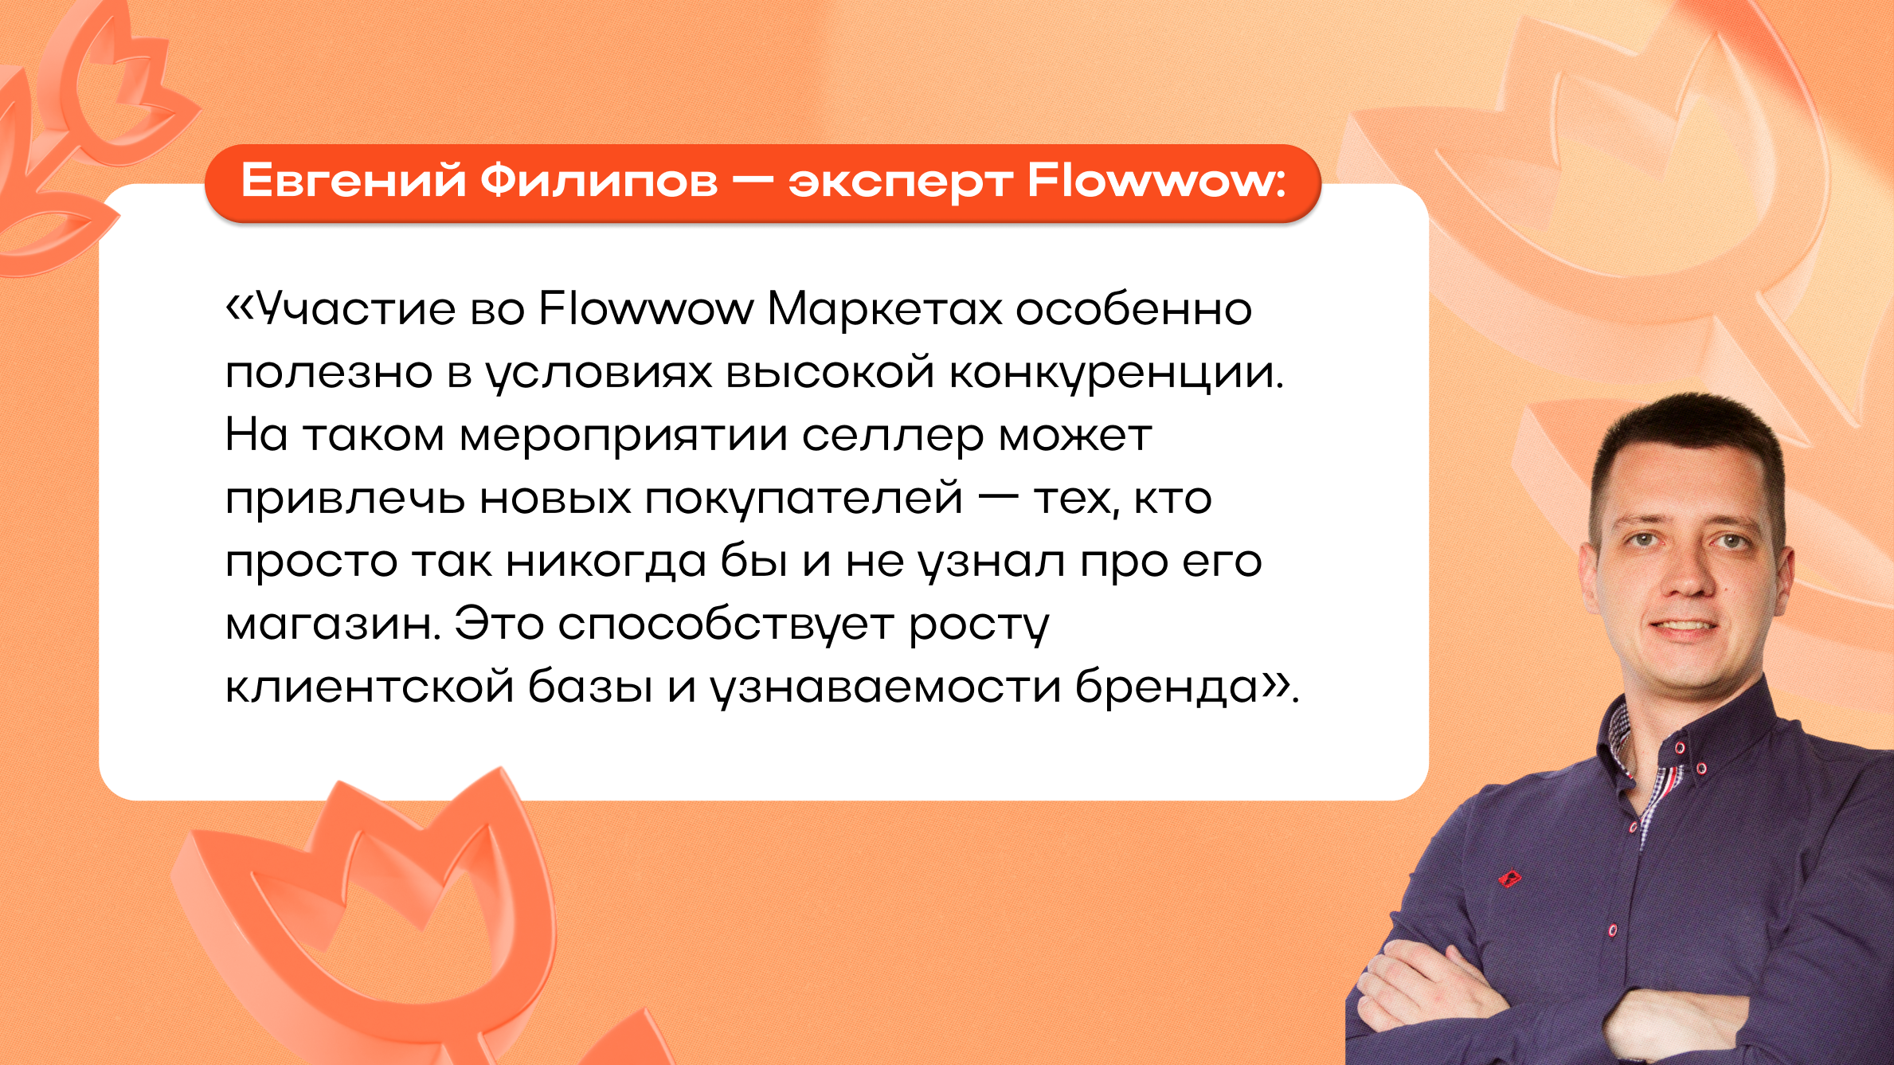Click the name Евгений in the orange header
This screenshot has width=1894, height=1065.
pos(353,180)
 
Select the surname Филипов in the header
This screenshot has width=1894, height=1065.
pos(599,180)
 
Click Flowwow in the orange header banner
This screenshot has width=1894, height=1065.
pos(1151,180)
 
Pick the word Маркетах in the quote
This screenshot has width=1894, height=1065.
pos(885,309)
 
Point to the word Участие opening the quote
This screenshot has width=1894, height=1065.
pos(351,308)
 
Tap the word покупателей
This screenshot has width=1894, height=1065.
pos(804,499)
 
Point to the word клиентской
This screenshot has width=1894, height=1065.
pos(370,687)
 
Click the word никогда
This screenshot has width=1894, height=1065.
pos(606,562)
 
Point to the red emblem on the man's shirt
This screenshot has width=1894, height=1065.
pos(1509,879)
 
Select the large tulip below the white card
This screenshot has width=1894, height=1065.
pos(374,908)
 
